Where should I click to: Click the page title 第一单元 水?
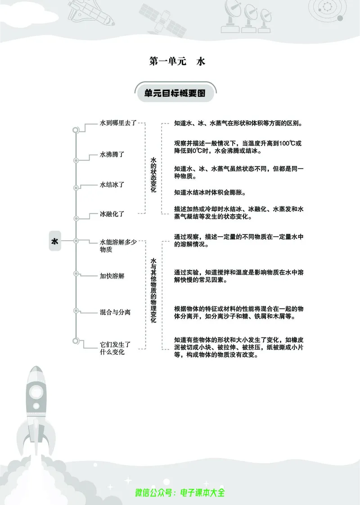177,62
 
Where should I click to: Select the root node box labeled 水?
55,241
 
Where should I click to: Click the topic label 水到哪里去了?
118,123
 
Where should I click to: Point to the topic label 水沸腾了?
112,154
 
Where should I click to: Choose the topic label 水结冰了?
112,185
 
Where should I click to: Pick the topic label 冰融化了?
112,214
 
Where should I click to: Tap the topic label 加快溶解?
112,275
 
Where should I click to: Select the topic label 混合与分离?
115,311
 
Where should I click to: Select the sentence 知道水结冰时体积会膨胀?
210,192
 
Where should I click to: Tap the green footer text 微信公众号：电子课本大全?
180,492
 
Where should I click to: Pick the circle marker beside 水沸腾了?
76,160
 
